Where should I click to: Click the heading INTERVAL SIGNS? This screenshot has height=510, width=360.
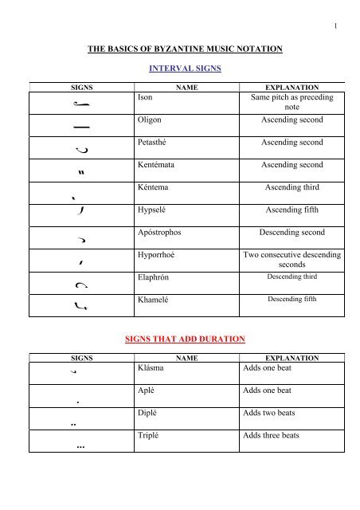180,69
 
